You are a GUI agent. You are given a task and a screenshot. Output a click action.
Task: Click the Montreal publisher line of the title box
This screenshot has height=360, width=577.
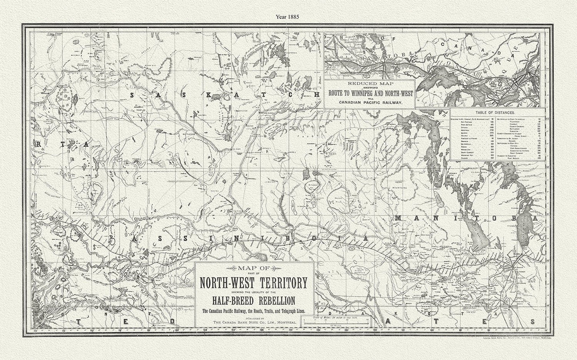[x=254, y=322]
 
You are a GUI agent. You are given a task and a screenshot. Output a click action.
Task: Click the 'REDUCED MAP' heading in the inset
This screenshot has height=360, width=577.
[x=369, y=84]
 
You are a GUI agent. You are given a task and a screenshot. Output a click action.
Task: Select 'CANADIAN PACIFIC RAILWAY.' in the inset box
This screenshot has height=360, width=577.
[x=369, y=103]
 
